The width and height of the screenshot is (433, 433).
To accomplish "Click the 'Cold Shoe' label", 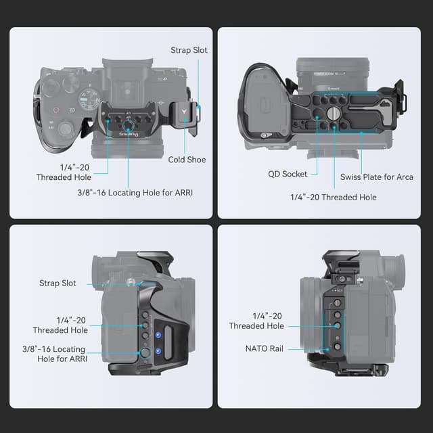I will (x=187, y=160).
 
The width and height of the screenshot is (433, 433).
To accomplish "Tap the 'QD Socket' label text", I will (x=286, y=174).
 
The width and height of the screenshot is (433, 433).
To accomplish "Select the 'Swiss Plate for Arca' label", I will (x=376, y=177).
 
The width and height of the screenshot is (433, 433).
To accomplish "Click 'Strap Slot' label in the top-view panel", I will (x=189, y=50).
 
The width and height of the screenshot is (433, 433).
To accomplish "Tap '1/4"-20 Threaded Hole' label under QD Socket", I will (x=333, y=197).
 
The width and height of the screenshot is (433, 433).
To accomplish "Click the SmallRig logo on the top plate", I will (x=127, y=134).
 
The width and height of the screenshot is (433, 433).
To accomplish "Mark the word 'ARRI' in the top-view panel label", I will (x=181, y=192).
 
